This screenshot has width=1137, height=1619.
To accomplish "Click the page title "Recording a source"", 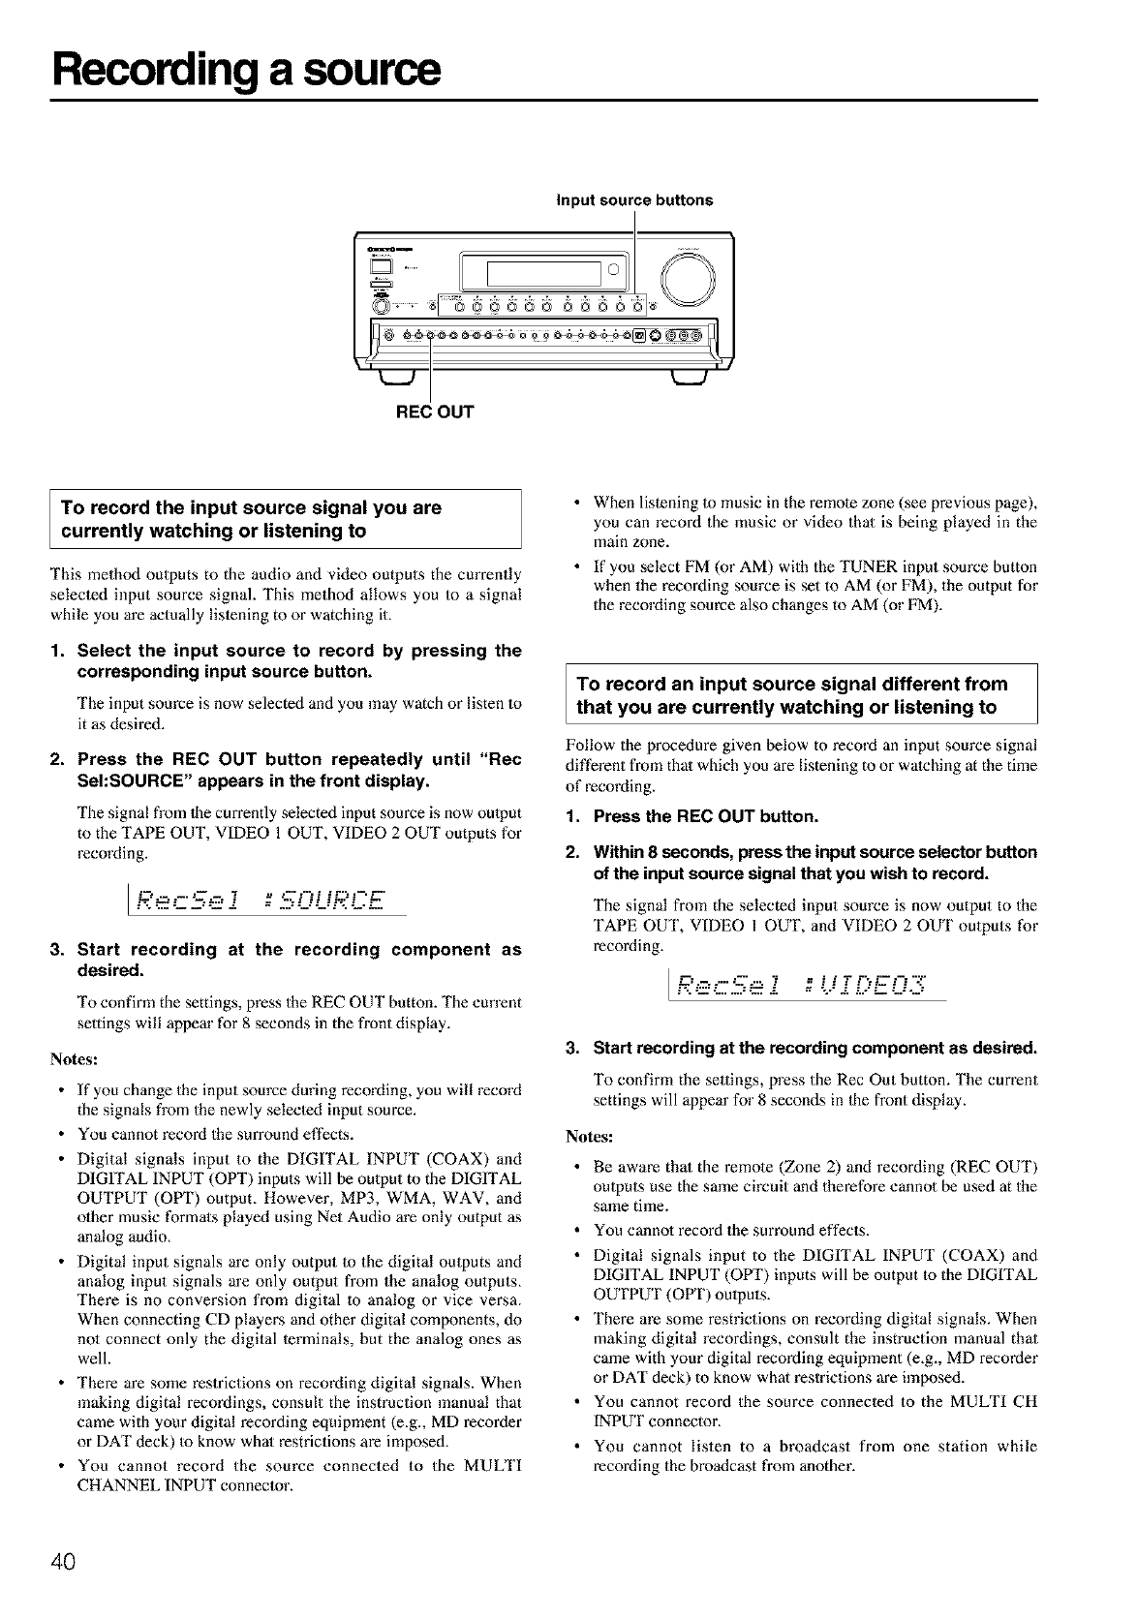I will coord(247,70).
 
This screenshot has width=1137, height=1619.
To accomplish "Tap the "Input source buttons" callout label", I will coord(634,200).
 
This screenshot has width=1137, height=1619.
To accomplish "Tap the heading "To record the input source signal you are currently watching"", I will coord(252,519).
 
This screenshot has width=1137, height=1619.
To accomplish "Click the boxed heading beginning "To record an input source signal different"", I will coord(792,695).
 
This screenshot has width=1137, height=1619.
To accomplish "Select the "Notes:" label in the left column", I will coord(74,1057).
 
